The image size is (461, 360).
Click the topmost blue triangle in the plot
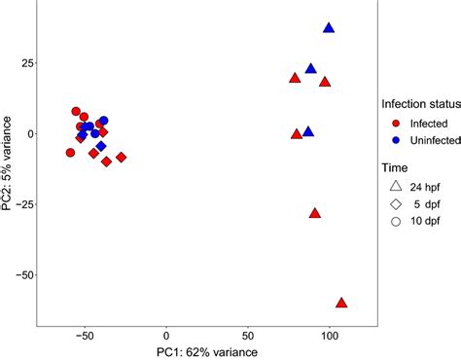329,28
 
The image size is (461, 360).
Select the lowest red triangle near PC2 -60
341,303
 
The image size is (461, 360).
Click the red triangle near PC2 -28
315,213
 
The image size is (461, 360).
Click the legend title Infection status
419,104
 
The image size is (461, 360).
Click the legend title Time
395,166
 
